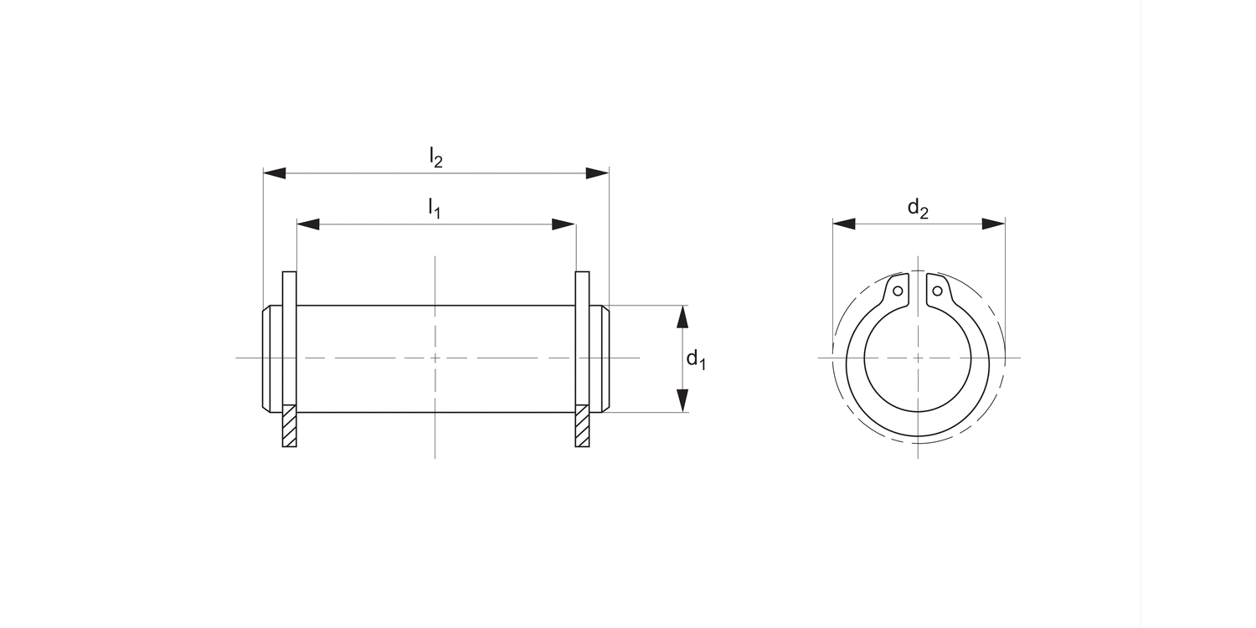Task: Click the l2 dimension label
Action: [435, 157]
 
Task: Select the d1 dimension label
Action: [696, 360]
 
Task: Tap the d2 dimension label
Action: [918, 208]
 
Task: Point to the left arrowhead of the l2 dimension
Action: [275, 173]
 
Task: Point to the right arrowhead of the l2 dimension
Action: [597, 173]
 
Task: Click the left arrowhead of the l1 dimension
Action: [308, 224]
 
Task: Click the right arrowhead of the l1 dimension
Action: [564, 224]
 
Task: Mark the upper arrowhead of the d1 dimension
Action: [683, 317]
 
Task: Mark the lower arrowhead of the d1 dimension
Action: [683, 401]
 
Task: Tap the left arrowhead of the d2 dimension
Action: [843, 224]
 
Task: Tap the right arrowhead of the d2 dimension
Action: [993, 224]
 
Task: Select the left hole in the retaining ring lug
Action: [898, 291]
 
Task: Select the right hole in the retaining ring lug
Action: [938, 291]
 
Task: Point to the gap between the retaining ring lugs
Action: [918, 293]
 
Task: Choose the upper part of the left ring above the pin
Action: [290, 288]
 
